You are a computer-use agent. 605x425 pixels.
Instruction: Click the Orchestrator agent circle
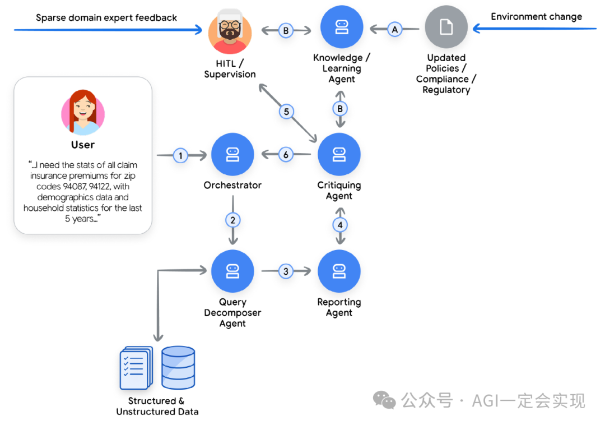(232, 155)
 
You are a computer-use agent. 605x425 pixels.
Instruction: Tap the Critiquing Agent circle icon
(339, 155)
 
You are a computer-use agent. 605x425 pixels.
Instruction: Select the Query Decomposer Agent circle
(232, 271)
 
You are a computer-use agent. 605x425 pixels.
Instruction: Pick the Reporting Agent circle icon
(339, 271)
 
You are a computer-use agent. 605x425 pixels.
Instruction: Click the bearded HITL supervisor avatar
(230, 32)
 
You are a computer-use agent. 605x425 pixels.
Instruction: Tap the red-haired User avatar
(83, 113)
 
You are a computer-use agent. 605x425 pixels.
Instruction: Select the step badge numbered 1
(180, 155)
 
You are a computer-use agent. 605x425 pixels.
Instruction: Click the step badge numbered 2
(233, 220)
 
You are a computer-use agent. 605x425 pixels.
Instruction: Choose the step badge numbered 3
(286, 271)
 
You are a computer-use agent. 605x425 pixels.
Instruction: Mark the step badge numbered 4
(339, 225)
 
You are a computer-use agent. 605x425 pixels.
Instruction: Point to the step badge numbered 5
(286, 112)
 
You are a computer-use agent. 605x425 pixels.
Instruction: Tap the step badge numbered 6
(286, 155)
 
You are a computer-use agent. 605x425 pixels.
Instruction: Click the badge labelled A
(394, 29)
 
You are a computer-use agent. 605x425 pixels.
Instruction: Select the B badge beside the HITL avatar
(286, 30)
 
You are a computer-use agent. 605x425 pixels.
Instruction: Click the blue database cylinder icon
(178, 367)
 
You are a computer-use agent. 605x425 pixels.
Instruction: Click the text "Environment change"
(536, 17)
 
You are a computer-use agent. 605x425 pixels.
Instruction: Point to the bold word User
(83, 145)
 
